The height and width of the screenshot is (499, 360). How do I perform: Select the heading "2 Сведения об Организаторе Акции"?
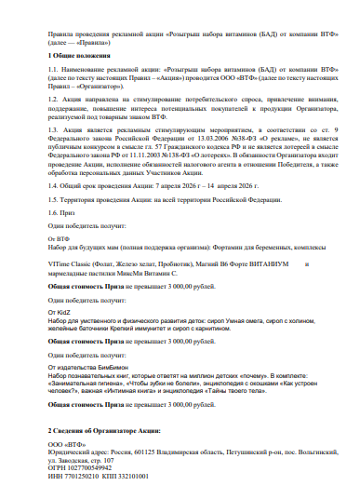(x=103, y=431)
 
